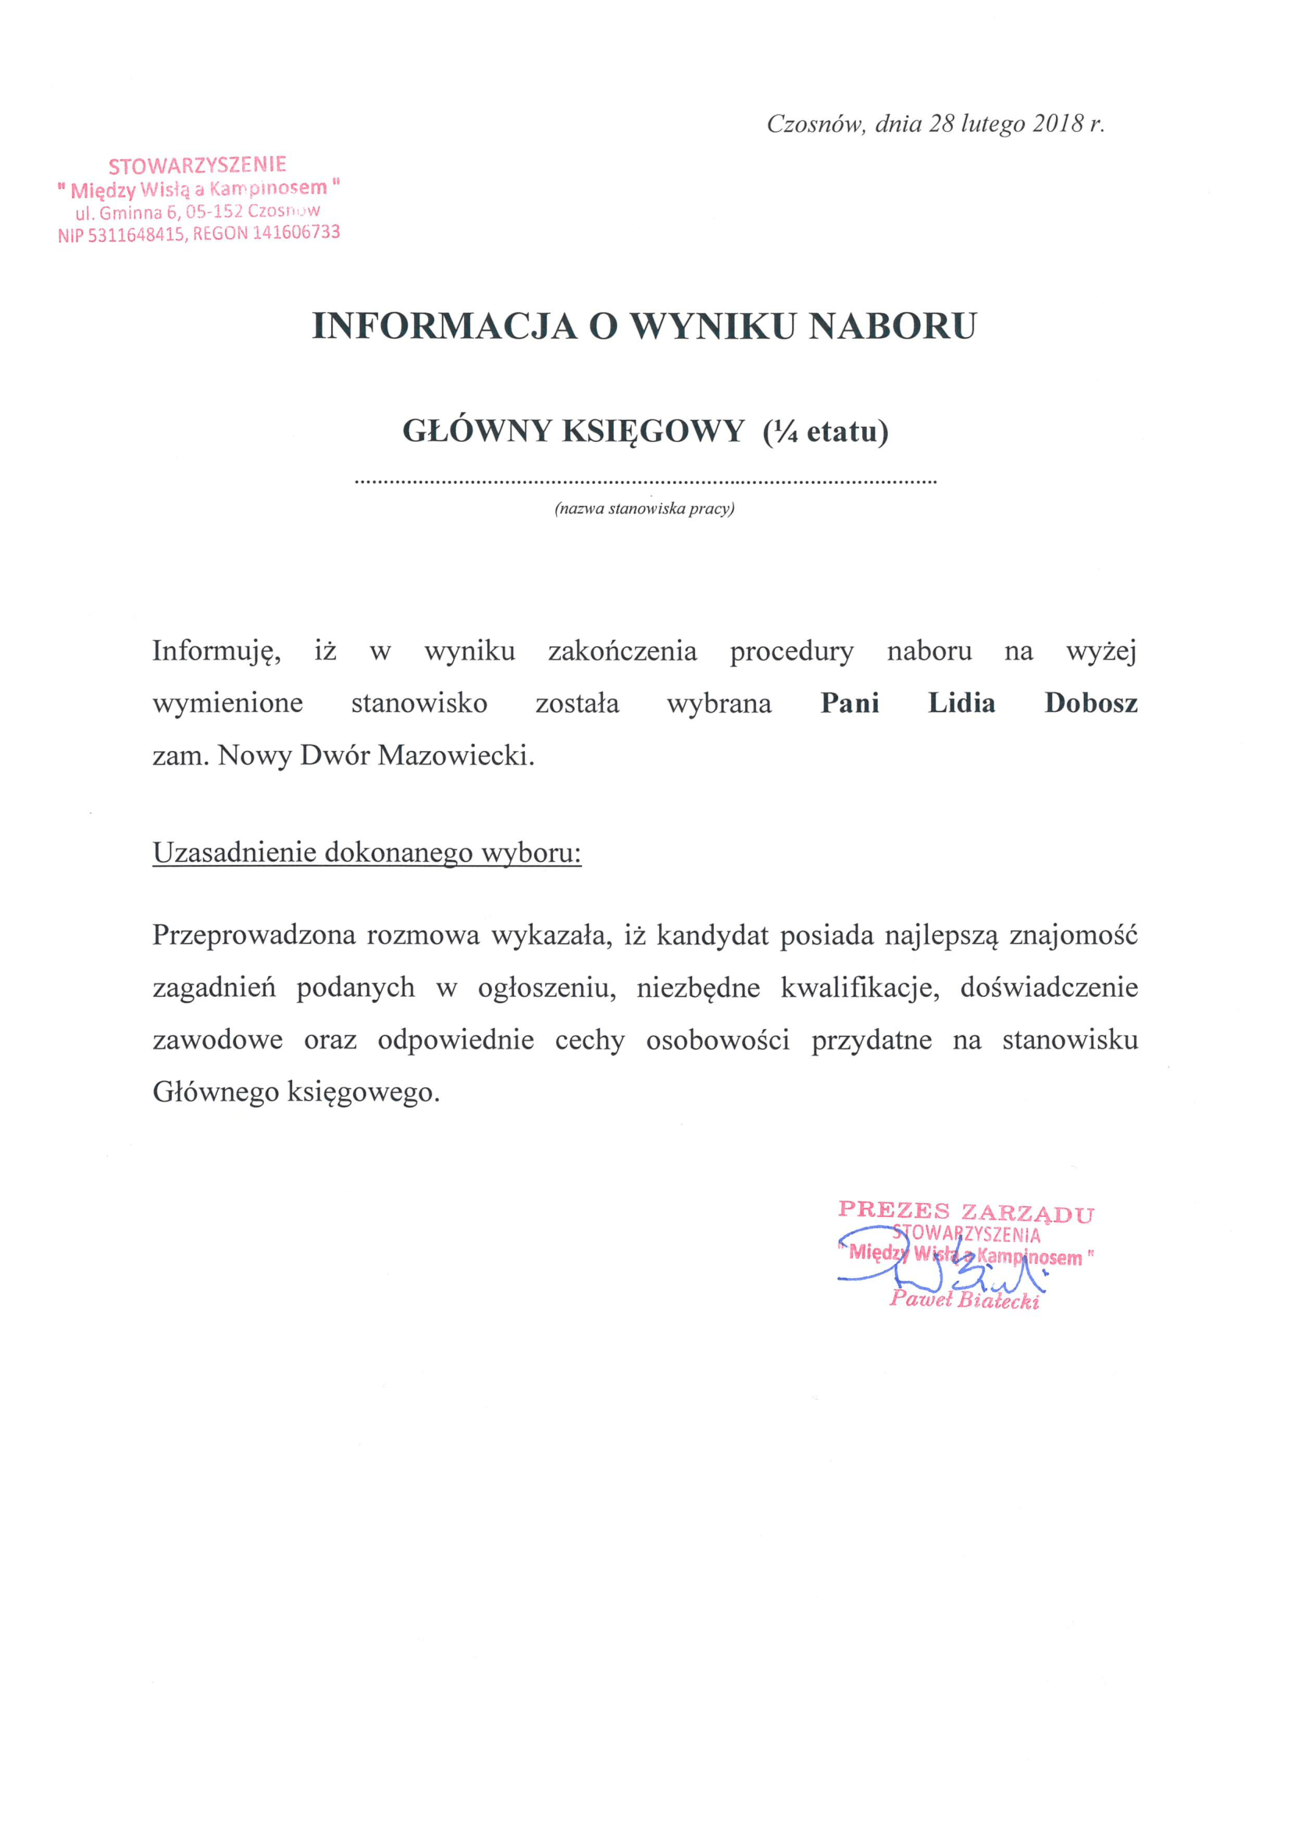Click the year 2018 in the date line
[x=1058, y=124]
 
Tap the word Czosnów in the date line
[x=815, y=124]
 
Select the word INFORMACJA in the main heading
[x=444, y=327]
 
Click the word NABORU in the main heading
[x=893, y=327]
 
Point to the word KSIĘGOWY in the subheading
[x=653, y=432]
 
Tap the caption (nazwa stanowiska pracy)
[x=644, y=508]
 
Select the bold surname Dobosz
[x=1090, y=703]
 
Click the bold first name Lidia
[x=961, y=703]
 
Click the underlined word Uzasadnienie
[x=234, y=852]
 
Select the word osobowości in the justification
[x=718, y=1040]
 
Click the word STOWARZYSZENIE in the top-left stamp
[x=198, y=166]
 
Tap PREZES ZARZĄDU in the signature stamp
[x=965, y=1212]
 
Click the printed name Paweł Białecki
[x=964, y=1300]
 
